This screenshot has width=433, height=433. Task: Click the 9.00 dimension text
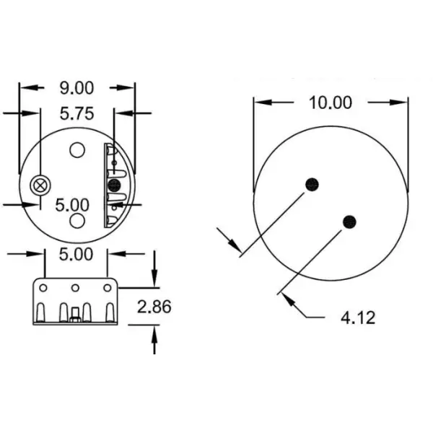coord(76,88)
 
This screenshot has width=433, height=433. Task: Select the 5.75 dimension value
coord(76,113)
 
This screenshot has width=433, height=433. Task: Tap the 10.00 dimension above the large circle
coord(331,102)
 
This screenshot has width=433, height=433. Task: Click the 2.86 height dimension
coord(154,307)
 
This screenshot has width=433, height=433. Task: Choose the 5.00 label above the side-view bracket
coord(76,254)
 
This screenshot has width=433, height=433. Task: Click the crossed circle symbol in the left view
coord(40,185)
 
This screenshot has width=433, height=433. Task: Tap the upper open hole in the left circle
coord(77,150)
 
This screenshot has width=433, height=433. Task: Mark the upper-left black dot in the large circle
coord(312,183)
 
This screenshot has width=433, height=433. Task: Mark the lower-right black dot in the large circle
coord(350,221)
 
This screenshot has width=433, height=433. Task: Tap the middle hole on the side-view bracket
coord(74,288)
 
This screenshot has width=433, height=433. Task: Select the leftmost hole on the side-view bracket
coord(43,288)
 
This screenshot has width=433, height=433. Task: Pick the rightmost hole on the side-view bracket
coord(107,288)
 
